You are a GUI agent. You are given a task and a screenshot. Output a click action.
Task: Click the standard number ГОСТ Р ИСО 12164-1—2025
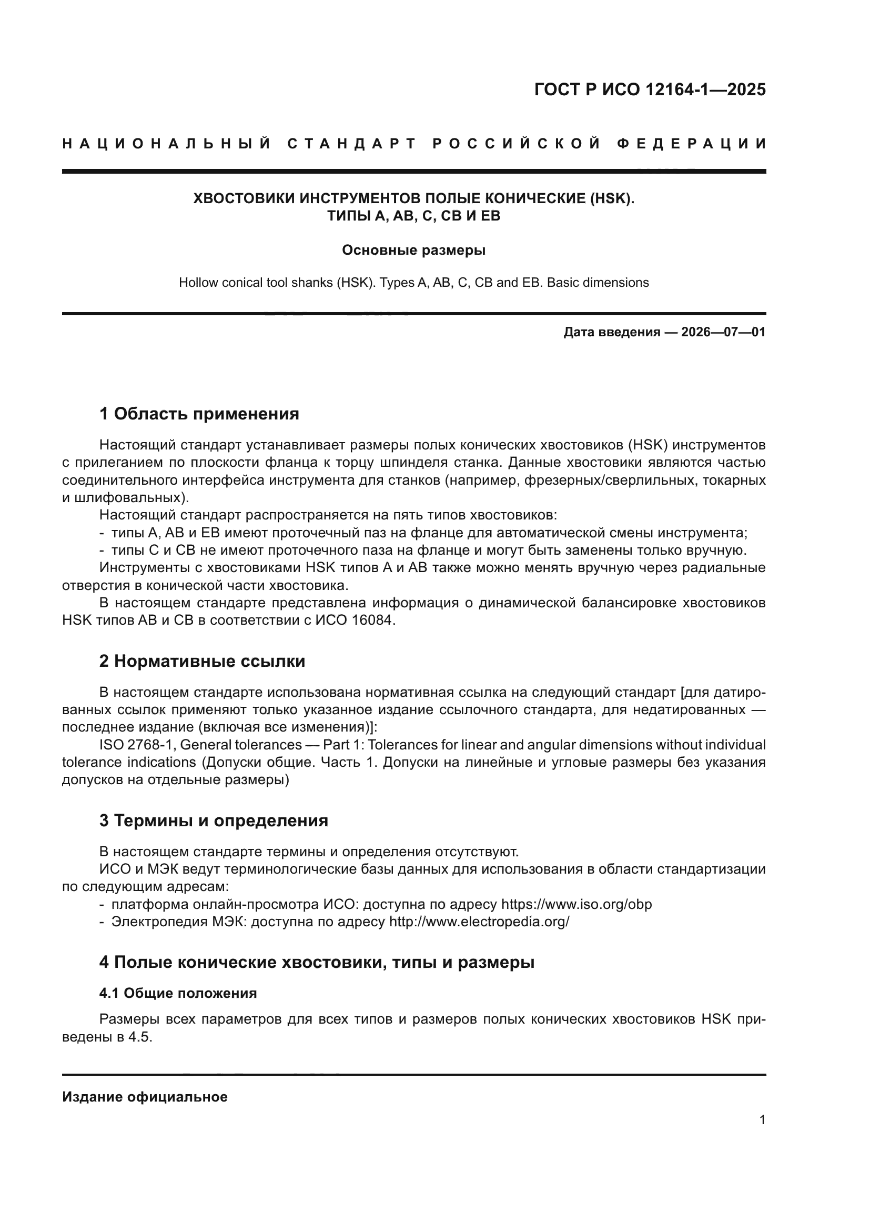click(x=650, y=89)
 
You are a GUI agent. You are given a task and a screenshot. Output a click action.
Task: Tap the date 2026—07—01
click(x=723, y=332)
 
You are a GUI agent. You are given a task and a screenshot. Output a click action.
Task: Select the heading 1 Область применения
click(x=199, y=414)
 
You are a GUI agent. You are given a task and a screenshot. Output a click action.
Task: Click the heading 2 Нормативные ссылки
click(x=202, y=661)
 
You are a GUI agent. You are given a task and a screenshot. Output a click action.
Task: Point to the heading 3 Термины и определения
click(x=213, y=821)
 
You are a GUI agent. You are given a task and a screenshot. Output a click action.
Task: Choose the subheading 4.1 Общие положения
click(x=178, y=994)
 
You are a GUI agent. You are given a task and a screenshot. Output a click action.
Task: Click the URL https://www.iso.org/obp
click(x=576, y=905)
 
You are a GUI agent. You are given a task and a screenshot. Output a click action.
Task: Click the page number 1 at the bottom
click(x=762, y=1120)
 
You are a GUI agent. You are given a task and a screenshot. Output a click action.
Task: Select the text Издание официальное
click(x=145, y=1097)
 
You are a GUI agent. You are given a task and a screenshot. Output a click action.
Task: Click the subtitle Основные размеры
click(x=413, y=251)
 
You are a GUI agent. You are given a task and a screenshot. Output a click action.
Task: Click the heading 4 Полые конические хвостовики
click(x=317, y=963)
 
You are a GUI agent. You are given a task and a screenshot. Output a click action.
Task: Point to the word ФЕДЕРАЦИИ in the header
click(x=692, y=144)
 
